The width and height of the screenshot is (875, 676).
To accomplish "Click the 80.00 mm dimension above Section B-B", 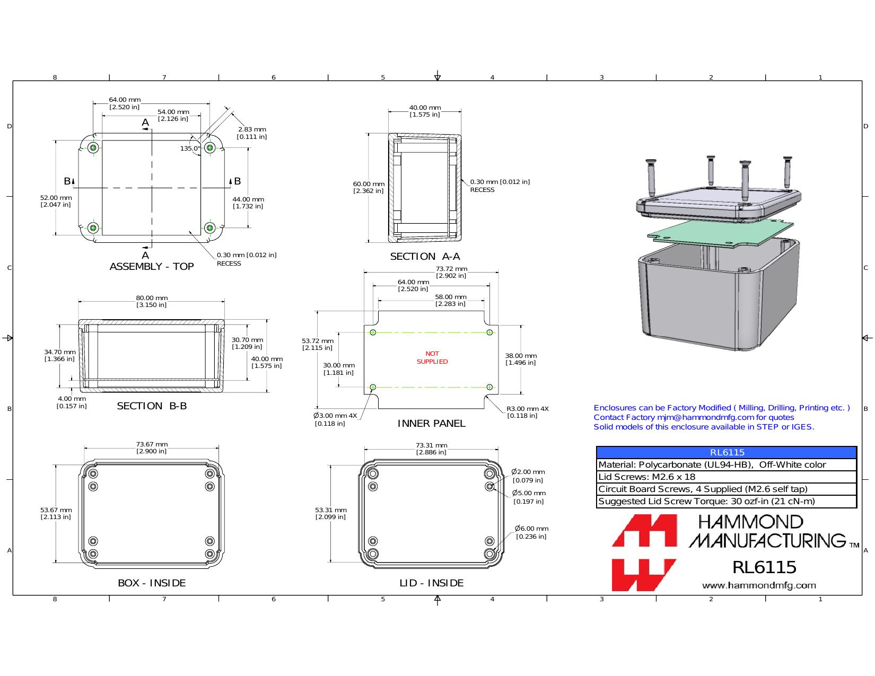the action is point(152,301).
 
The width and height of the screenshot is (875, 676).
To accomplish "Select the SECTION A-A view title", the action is point(425,257).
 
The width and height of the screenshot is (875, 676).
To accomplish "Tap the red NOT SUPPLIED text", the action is point(432,357).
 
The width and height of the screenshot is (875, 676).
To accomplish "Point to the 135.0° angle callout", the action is point(190,148).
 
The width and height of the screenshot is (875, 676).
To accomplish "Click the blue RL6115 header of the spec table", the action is point(727,452).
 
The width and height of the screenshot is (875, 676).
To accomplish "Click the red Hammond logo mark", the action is point(644,552).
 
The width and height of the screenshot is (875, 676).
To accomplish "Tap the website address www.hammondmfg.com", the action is point(759,585).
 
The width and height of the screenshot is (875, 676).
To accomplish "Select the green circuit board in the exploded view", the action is point(720,233).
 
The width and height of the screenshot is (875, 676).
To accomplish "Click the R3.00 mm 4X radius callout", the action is point(528,412).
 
